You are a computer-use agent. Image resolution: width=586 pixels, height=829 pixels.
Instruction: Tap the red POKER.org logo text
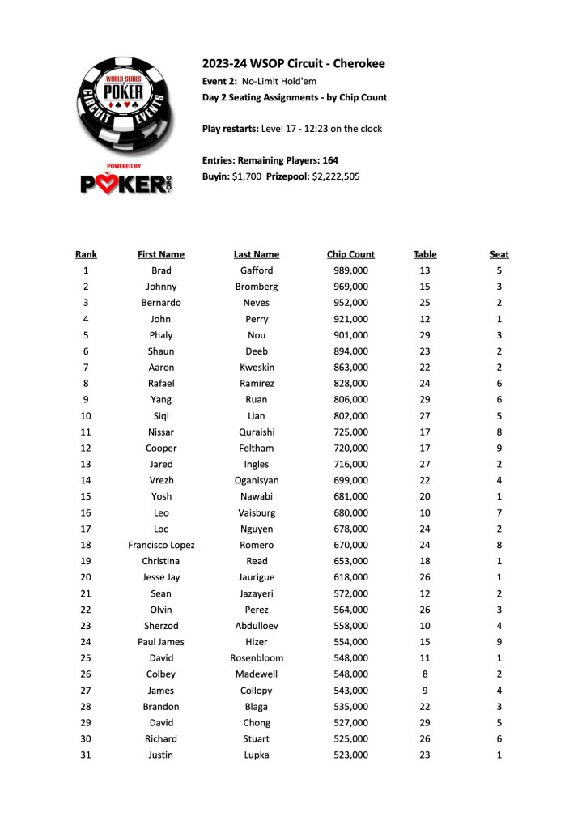tap(129, 184)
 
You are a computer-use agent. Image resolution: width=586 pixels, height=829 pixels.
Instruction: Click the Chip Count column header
tap(350, 254)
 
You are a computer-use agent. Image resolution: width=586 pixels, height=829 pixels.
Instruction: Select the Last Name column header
tap(257, 254)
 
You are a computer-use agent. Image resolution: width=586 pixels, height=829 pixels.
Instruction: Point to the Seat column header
tap(499, 254)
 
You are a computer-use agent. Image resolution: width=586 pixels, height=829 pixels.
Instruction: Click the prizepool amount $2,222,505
tap(336, 176)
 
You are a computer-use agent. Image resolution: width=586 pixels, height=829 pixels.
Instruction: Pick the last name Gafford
tap(257, 270)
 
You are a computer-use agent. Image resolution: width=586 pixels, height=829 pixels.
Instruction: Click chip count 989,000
tap(350, 270)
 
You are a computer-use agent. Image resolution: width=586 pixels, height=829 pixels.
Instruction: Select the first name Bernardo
tap(161, 303)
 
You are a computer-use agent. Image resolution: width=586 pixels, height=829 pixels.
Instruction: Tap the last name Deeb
tap(257, 351)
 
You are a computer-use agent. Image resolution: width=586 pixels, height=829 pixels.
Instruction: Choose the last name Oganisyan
tap(257, 480)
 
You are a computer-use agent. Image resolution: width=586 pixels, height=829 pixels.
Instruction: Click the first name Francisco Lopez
tap(161, 545)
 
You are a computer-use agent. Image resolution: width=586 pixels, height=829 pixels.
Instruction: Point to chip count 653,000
tap(350, 561)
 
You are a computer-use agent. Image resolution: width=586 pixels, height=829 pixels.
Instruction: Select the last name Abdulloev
tap(257, 626)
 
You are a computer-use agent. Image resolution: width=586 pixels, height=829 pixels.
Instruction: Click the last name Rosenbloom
tap(257, 658)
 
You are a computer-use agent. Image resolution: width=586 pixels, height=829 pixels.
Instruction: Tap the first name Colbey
tap(161, 674)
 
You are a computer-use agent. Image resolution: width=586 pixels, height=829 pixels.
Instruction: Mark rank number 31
tap(86, 755)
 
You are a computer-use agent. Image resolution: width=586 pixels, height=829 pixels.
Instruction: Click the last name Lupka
tap(257, 755)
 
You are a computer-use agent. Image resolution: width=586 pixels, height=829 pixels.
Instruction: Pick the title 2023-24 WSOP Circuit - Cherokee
tap(293, 63)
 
